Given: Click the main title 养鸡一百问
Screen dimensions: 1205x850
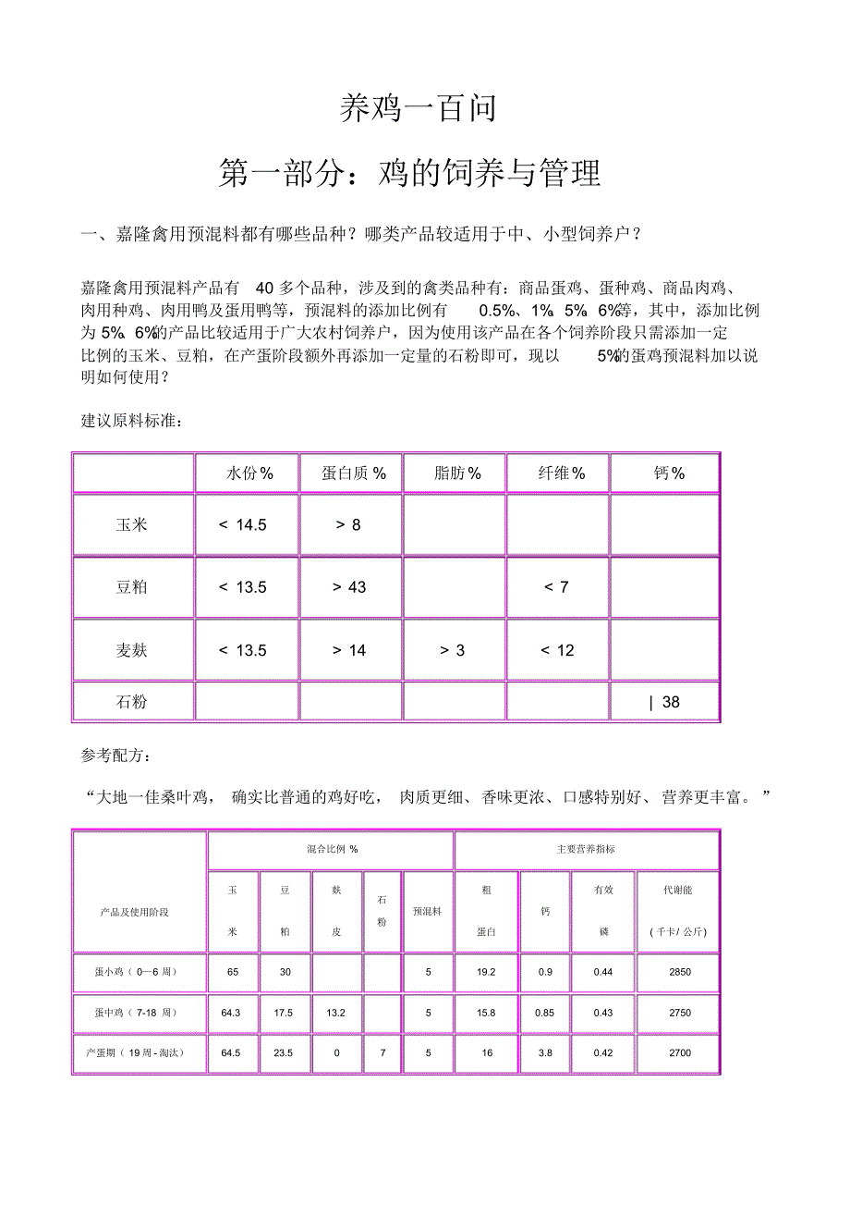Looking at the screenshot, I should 419,108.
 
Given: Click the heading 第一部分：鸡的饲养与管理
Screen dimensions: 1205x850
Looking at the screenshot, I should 409,172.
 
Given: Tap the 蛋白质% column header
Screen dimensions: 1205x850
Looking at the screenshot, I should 353,473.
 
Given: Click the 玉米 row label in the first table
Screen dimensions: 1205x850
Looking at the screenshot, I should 132,524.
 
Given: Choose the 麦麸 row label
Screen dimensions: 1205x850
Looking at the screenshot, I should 132,650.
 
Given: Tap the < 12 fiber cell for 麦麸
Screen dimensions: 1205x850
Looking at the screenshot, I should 557,650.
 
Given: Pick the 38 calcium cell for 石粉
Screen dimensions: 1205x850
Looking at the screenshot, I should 665,702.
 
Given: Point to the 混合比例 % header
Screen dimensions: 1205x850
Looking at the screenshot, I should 332,849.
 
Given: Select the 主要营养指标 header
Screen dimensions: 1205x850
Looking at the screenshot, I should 586,849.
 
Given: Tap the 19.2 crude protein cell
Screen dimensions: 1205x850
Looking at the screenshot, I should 486,971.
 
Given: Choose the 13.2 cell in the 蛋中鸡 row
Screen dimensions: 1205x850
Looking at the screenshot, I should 335,1013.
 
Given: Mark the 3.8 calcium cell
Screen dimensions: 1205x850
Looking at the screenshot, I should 545,1052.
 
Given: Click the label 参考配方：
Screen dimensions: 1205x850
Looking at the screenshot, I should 118,756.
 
